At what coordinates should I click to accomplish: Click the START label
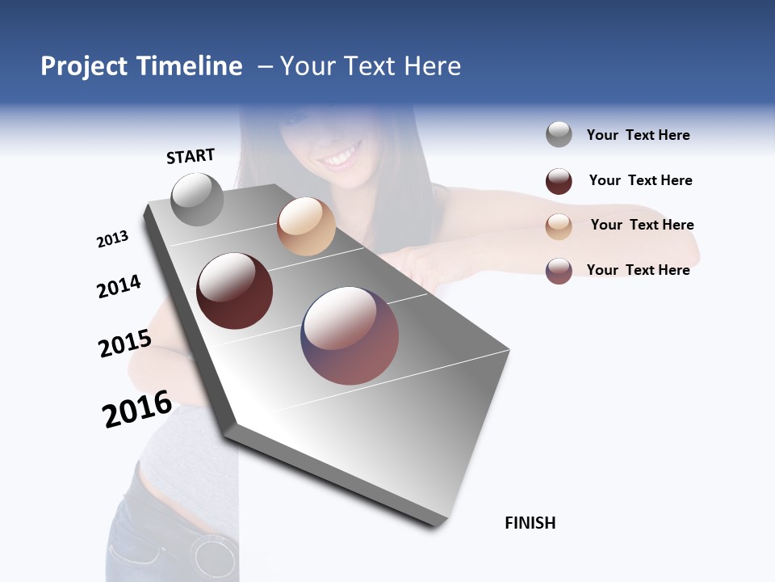pos(191,156)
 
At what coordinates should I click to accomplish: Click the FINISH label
pos(530,523)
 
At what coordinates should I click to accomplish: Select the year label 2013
pos(112,239)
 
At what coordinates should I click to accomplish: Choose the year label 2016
pos(137,409)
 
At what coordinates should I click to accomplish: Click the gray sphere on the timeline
pos(197,200)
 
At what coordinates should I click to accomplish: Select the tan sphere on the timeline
pos(306,226)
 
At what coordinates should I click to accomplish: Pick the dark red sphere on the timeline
pos(234,291)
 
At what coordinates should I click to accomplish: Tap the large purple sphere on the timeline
pos(350,335)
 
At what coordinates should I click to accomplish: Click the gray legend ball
pos(559,135)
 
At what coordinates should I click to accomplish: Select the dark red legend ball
pos(559,181)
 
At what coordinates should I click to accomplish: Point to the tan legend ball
pos(559,226)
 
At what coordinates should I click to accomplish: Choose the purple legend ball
pos(559,271)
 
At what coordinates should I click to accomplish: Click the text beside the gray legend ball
pos(638,135)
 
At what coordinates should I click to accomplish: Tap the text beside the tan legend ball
pos(642,225)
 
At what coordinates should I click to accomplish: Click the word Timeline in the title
pos(189,66)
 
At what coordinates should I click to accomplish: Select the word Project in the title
pos(85,66)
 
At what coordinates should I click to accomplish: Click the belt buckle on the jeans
pos(214,556)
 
